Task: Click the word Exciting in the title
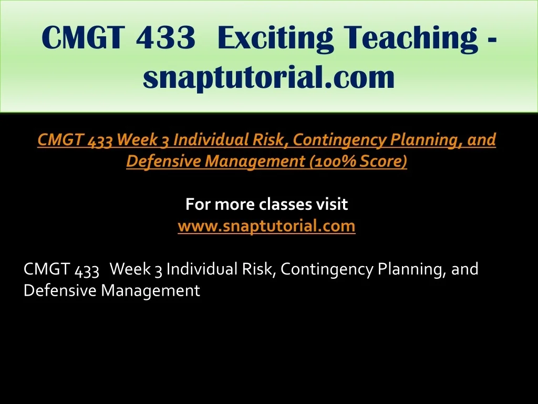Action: pyautogui.click(x=275, y=38)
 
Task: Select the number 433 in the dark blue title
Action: pyautogui.click(x=165, y=37)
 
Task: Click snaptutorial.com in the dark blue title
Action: pyautogui.click(x=268, y=77)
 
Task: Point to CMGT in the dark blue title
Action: pyautogui.click(x=82, y=37)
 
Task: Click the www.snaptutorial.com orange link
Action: pyautogui.click(x=266, y=226)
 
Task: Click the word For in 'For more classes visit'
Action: pyautogui.click(x=198, y=204)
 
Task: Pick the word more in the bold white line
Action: pyautogui.click(x=235, y=205)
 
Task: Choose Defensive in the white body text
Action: pyautogui.click(x=60, y=290)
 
